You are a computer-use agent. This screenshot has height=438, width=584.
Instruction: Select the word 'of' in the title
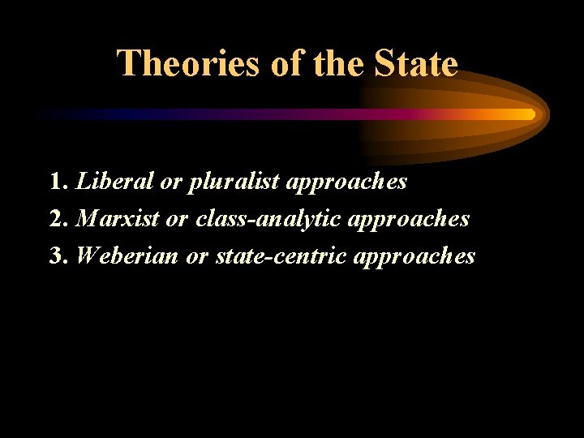point(286,63)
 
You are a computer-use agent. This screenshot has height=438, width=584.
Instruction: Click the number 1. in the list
point(58,182)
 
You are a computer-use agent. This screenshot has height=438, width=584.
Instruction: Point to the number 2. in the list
point(58,219)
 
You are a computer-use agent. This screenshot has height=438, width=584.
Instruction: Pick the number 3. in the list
point(58,256)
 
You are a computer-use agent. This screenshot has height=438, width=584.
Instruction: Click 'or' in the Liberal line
point(170,182)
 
